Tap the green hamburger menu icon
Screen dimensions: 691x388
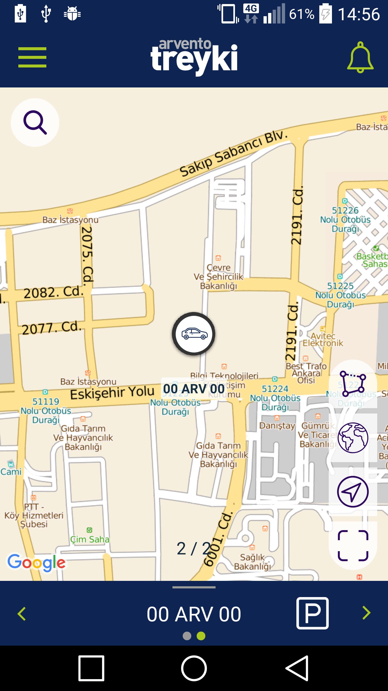pos(32,57)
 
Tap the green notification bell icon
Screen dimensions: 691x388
pos(360,57)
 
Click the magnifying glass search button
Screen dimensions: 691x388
pos(35,123)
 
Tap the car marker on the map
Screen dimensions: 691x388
pos(194,334)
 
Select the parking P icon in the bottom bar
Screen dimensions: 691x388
pos(312,613)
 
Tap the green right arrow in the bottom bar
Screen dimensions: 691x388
pos(366,613)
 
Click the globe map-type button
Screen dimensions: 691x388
pos(353,438)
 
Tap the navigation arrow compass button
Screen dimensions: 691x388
pos(353,492)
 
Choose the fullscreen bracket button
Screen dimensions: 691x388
pos(353,546)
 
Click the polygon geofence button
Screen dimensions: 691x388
pos(353,384)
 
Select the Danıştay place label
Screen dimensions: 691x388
pos(277,426)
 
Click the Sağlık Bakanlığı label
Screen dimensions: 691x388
pos(252,562)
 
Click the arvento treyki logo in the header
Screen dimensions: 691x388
pos(194,57)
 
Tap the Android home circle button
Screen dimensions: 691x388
pos(194,668)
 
